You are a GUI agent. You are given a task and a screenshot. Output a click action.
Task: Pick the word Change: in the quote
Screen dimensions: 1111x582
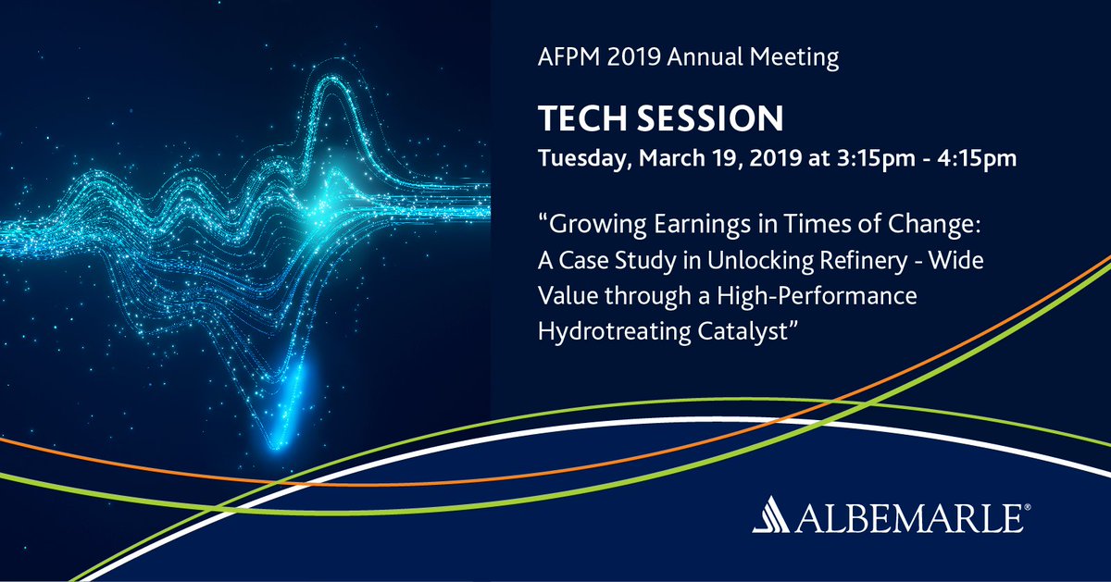tap(934, 225)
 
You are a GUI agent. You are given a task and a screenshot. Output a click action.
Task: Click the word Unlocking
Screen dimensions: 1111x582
tap(760, 261)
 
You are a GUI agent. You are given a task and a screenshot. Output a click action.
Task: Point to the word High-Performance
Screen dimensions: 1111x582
tap(817, 297)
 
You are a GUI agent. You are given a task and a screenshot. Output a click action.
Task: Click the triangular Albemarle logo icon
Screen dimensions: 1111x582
tap(770, 514)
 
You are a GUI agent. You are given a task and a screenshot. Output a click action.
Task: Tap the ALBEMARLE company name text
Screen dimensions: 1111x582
tap(909, 518)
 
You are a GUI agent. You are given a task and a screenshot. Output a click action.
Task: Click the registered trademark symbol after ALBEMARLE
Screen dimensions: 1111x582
tap(1027, 507)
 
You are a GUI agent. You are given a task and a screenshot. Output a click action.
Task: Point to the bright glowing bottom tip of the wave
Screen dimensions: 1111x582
tap(276, 446)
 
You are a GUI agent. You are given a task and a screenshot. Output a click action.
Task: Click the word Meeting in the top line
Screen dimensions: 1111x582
tap(793, 58)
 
